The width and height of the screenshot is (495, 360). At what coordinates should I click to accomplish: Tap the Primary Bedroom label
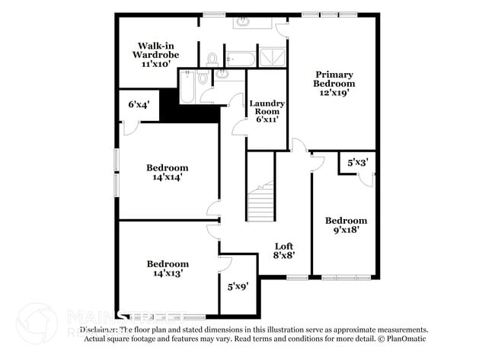(334, 79)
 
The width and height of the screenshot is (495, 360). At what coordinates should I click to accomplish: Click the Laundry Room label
(267, 108)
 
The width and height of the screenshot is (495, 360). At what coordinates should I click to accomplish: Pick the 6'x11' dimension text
(267, 119)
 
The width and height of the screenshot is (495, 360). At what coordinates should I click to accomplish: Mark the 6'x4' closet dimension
(139, 104)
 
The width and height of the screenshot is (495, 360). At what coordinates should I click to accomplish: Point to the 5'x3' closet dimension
(358, 163)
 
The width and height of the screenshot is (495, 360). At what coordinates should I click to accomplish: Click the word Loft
(284, 246)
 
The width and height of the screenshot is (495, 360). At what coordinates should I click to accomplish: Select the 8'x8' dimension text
(284, 256)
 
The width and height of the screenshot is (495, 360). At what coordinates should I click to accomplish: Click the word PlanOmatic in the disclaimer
(407, 338)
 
